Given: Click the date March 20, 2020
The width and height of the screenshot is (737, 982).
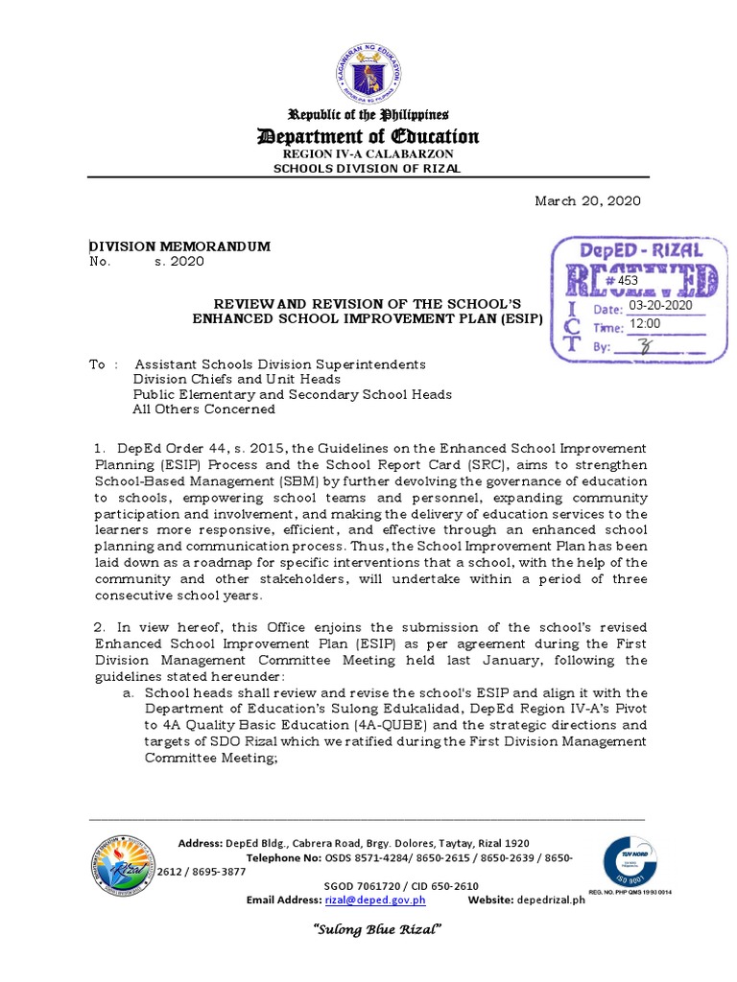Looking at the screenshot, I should (x=587, y=200).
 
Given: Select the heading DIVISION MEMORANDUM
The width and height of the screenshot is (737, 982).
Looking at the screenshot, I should (x=179, y=246).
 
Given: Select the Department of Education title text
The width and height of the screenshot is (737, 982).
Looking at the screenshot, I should (x=368, y=136).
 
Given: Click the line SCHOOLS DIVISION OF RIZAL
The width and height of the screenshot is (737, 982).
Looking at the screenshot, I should (x=368, y=169).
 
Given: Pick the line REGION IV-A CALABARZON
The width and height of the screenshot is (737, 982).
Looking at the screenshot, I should (x=368, y=153).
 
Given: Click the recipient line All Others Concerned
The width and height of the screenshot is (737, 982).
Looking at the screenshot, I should (x=203, y=409).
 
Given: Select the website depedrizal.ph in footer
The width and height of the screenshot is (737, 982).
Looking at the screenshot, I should (x=550, y=900).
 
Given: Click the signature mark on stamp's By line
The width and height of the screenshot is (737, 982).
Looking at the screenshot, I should (x=656, y=348).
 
